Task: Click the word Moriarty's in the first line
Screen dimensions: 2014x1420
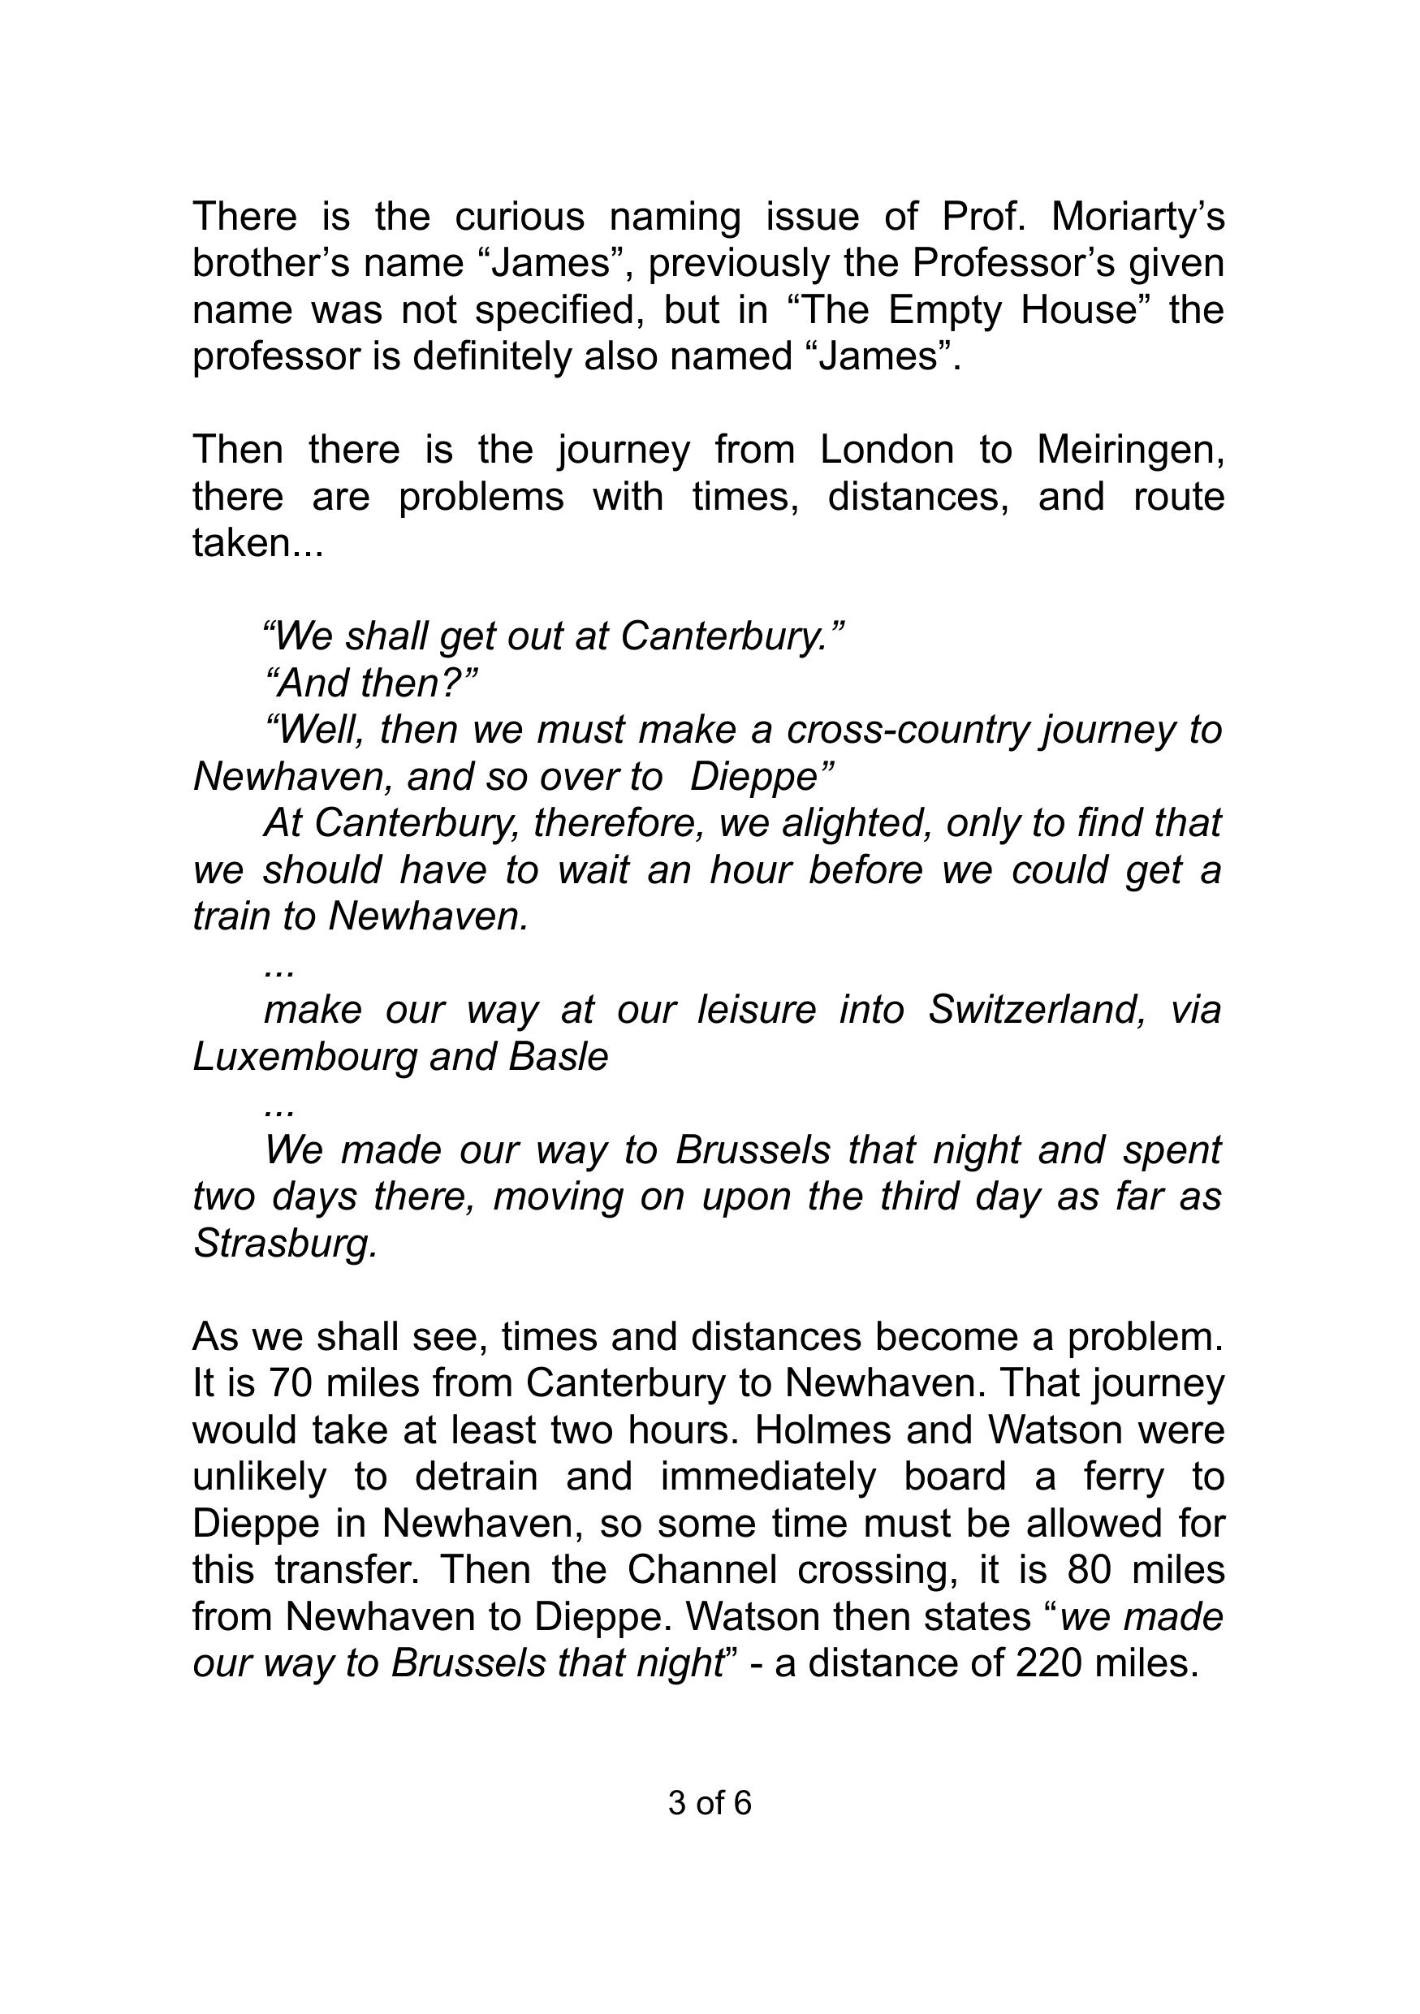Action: (x=1137, y=217)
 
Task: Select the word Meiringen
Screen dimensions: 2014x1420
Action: (x=1129, y=450)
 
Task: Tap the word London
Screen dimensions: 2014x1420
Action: (x=887, y=450)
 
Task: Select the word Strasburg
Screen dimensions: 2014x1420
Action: (x=284, y=1244)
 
